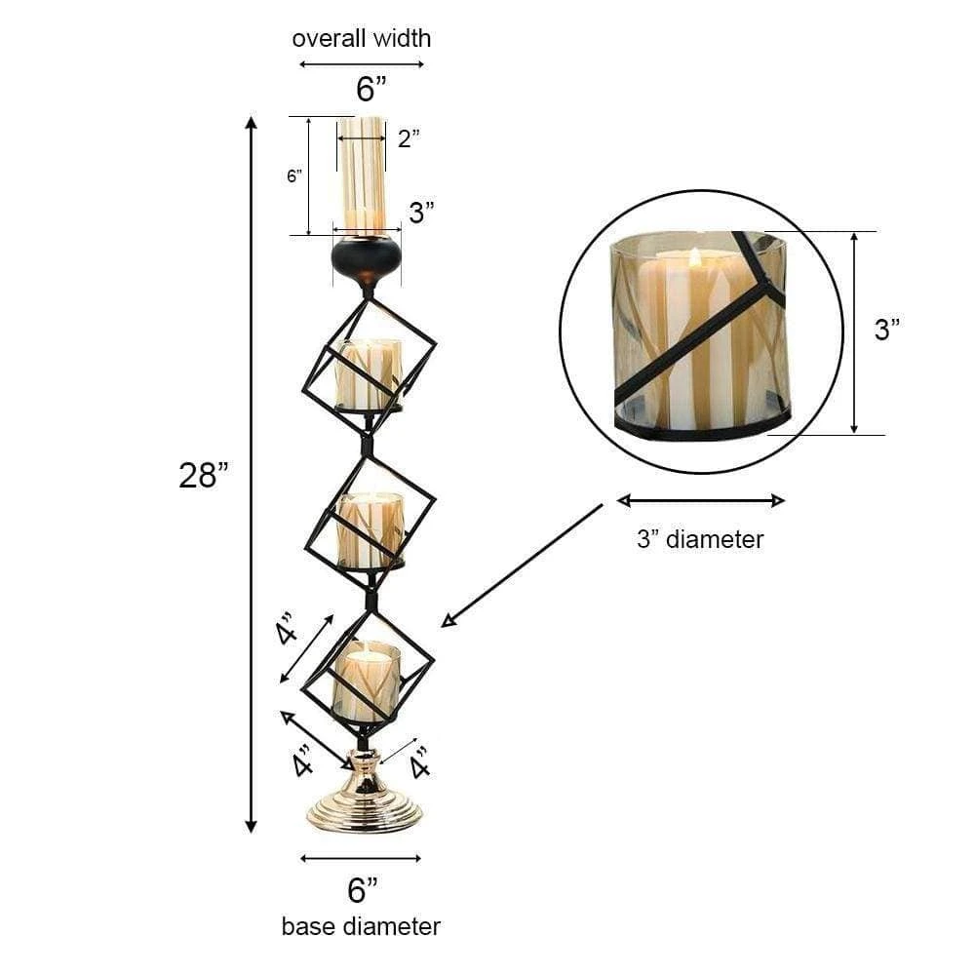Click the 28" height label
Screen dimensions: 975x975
[x=203, y=475]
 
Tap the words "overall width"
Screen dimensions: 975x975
[x=361, y=39]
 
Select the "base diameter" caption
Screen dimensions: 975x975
[x=361, y=925]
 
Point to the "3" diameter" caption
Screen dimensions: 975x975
[x=700, y=538]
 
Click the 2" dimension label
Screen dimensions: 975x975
[x=409, y=137]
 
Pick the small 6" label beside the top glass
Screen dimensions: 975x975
[x=294, y=176]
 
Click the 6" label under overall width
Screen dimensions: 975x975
[x=370, y=90]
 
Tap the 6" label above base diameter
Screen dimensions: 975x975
[x=362, y=889]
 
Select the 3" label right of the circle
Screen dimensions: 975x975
[x=887, y=330]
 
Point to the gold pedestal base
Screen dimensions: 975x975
[x=365, y=799]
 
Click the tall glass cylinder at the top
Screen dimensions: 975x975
[x=363, y=175]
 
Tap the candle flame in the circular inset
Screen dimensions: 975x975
[x=694, y=257]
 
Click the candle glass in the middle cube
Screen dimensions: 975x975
[x=370, y=528]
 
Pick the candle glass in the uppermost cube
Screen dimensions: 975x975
[x=369, y=373]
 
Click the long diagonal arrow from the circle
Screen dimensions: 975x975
[x=525, y=565]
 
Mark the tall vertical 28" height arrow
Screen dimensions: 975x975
[x=252, y=475]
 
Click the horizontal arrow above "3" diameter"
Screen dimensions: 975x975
[x=700, y=501]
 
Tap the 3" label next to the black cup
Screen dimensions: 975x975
[x=421, y=213]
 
